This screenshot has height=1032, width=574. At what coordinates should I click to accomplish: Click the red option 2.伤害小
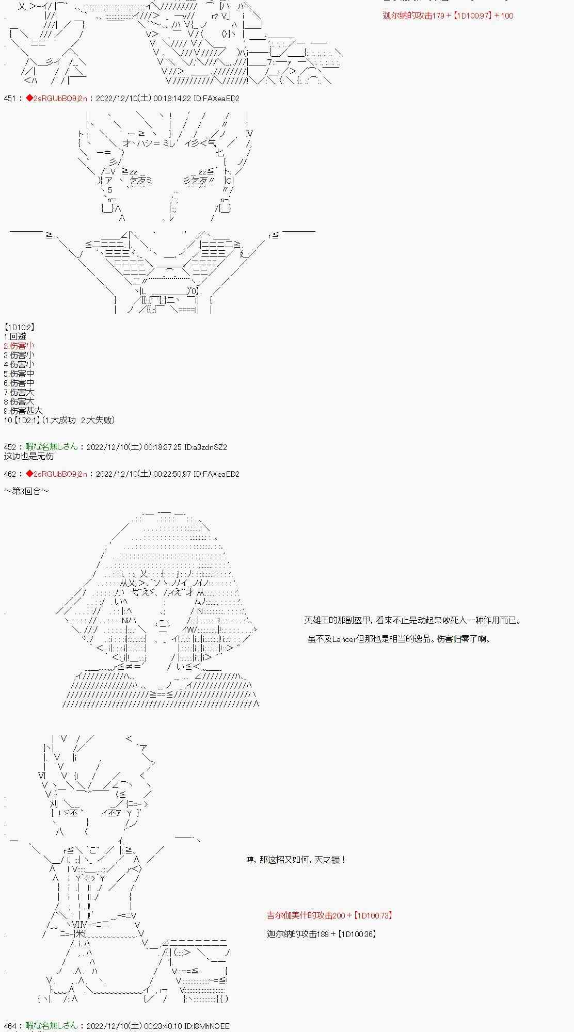click(19, 346)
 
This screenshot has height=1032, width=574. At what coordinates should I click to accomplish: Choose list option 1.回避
click(15, 336)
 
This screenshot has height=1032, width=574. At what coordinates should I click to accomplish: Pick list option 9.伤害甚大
click(23, 411)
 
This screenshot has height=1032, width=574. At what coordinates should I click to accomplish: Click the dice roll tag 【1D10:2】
click(19, 327)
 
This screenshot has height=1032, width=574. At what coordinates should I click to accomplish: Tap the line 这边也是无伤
click(29, 456)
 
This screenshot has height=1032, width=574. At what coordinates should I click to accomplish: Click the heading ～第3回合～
click(26, 491)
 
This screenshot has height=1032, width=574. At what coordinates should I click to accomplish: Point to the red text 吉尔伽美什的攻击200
click(306, 915)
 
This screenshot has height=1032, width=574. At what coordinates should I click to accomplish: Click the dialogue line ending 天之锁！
click(296, 860)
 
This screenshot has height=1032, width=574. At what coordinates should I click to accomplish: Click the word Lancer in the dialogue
click(343, 639)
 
